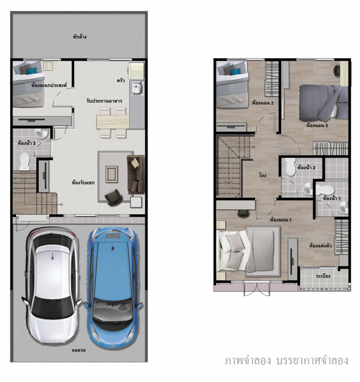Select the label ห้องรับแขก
click(x=83, y=182)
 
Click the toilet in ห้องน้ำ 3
click(x=24, y=161)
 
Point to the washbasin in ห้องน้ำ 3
click(x=42, y=133)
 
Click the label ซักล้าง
click(x=80, y=37)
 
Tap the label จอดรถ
click(x=79, y=350)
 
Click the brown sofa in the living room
click(x=136, y=174)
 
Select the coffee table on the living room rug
click(x=112, y=174)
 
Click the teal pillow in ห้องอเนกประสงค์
click(x=32, y=71)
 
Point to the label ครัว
click(x=121, y=80)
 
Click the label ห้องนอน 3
click(x=317, y=126)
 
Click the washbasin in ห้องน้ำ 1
click(x=343, y=207)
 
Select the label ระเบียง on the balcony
click(x=323, y=276)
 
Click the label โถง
click(x=263, y=175)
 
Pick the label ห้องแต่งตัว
click(x=321, y=246)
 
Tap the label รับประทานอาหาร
click(x=104, y=101)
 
